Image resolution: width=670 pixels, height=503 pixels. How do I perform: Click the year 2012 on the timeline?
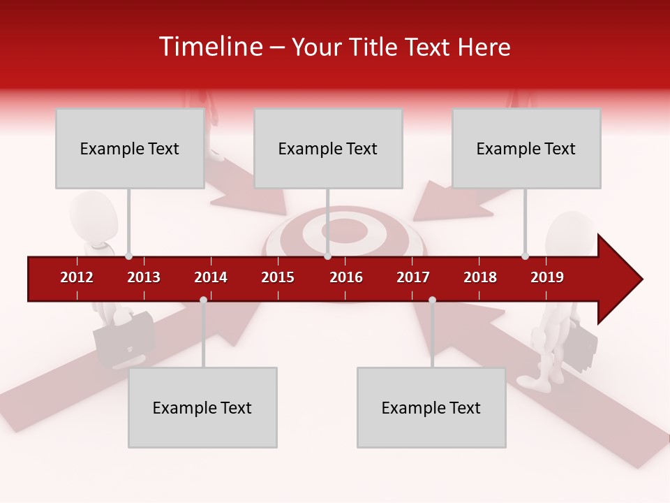tap(77, 277)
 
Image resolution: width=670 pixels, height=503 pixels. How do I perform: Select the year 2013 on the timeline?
tap(144, 277)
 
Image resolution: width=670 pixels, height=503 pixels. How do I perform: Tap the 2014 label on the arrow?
tap(211, 277)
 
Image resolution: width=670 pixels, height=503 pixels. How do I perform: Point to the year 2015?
tap(278, 277)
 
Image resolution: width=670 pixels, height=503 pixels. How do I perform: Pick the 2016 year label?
tap(346, 277)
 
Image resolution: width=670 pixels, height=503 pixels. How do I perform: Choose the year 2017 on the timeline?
tap(413, 277)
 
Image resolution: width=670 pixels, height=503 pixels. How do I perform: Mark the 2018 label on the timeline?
tap(480, 277)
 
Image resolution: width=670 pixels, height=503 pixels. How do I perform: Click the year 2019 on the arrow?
tap(547, 277)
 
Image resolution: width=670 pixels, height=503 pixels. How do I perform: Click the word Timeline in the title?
tap(211, 47)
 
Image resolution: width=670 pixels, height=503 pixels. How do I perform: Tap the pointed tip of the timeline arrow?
tap(640, 279)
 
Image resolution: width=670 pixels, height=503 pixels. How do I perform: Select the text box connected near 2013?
tap(130, 148)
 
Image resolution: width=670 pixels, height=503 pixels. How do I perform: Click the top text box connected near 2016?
tap(328, 148)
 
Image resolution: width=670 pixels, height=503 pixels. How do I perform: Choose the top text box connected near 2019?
tap(526, 148)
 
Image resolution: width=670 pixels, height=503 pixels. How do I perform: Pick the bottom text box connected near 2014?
tap(202, 407)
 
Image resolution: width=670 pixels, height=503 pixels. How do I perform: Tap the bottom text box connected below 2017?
tap(431, 407)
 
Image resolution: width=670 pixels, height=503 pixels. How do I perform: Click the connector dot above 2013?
tap(128, 256)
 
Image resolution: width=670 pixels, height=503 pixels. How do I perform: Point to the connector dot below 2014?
tap(203, 300)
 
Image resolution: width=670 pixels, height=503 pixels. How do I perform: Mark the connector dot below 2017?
tap(432, 300)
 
